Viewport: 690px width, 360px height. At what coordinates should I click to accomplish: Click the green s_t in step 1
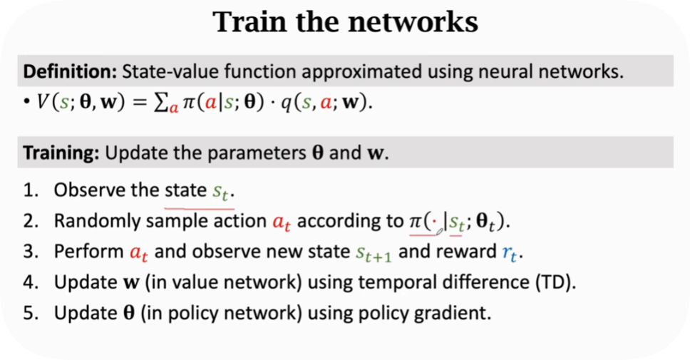tap(223, 192)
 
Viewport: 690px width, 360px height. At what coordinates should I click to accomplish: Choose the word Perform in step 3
tap(80, 252)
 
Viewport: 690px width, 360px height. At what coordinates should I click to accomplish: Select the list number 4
tap(29, 282)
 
